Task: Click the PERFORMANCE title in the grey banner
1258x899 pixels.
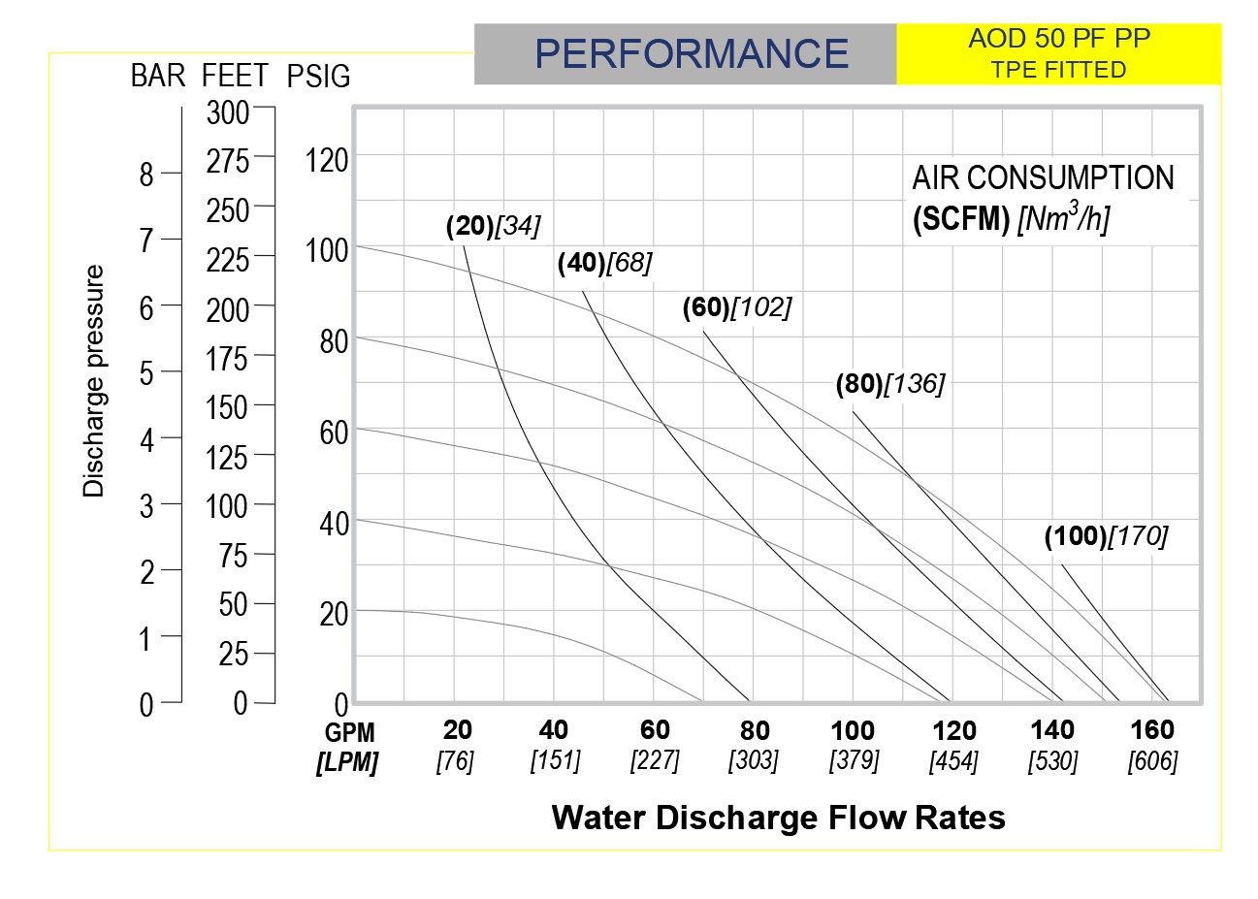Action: pyautogui.click(x=692, y=53)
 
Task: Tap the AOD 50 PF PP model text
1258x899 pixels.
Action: pyautogui.click(x=1059, y=40)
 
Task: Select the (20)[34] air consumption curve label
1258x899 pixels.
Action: pyautogui.click(x=493, y=226)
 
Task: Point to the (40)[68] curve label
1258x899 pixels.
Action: pyautogui.click(x=604, y=262)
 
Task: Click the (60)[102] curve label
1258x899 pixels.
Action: pyautogui.click(x=737, y=307)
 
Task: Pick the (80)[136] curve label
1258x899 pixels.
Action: pyautogui.click(x=889, y=384)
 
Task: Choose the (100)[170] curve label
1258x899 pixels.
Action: pyautogui.click(x=1106, y=535)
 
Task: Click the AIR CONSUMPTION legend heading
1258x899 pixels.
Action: pyautogui.click(x=1043, y=178)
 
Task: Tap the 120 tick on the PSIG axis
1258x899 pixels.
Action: pyautogui.click(x=327, y=160)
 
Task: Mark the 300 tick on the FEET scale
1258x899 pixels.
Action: pyautogui.click(x=228, y=112)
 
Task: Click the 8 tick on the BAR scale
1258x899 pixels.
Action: pyautogui.click(x=146, y=175)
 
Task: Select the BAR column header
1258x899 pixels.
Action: pyautogui.click(x=157, y=77)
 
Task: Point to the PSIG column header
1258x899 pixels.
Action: pyautogui.click(x=319, y=77)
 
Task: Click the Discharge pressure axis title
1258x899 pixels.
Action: pyautogui.click(x=93, y=381)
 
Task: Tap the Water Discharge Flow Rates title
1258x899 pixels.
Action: pyautogui.click(x=778, y=818)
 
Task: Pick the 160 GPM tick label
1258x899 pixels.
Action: pyautogui.click(x=1152, y=730)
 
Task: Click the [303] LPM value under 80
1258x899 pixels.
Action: pyautogui.click(x=754, y=760)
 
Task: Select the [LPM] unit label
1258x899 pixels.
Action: pyautogui.click(x=347, y=762)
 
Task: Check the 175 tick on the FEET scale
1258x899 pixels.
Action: pyautogui.click(x=228, y=358)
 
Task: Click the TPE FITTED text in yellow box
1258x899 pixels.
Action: pyautogui.click(x=1058, y=70)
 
